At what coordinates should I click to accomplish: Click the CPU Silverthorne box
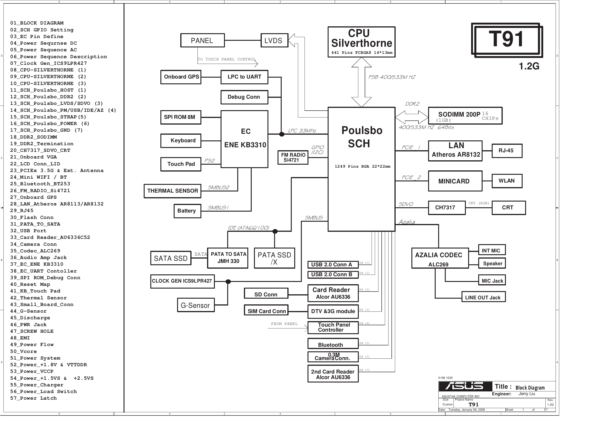(361, 42)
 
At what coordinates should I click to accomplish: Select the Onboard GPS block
(181, 77)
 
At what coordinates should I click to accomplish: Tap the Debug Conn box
(244, 97)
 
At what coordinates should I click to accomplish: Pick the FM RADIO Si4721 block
(293, 158)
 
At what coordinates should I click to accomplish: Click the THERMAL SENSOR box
(173, 191)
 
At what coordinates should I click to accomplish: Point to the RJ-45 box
(507, 151)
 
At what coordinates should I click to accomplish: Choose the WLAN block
(507, 181)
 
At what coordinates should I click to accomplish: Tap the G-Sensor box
(196, 305)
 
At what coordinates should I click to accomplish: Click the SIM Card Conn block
(266, 311)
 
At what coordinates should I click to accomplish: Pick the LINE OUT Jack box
(483, 297)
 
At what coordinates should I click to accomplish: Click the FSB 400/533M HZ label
(392, 77)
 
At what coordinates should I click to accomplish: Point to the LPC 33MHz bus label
(302, 131)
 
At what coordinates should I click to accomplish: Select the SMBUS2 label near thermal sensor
(219, 187)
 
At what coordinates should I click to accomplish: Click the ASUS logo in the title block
(465, 386)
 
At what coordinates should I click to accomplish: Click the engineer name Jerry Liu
(526, 394)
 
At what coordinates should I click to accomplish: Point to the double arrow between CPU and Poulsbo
(361, 82)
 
